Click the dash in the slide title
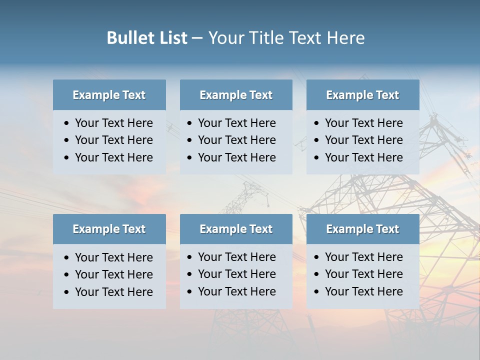click(197, 38)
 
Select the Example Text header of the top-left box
click(109, 95)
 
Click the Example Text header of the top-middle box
click(236, 95)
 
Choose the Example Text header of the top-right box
click(362, 95)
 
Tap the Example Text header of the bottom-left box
click(109, 229)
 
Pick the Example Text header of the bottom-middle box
click(236, 229)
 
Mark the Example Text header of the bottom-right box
click(362, 229)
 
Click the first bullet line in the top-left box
click(113, 123)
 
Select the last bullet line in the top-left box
click(113, 157)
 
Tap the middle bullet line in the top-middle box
click(236, 140)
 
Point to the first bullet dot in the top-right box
click(316, 123)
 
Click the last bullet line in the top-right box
click(363, 157)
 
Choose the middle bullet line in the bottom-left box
click(113, 274)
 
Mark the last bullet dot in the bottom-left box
click(66, 292)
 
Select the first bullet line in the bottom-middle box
click(236, 257)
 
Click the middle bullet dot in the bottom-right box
click(316, 274)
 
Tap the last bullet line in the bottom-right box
click(363, 291)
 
